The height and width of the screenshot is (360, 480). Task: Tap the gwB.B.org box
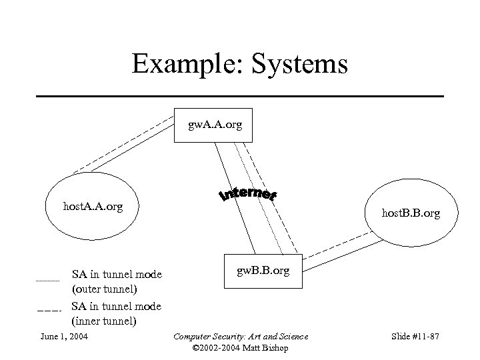(x=263, y=272)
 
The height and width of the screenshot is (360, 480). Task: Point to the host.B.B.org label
(x=410, y=213)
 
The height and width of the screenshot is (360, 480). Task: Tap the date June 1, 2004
(x=64, y=335)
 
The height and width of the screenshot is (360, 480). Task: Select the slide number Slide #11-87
(x=414, y=335)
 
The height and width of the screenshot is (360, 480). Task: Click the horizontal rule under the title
(x=239, y=97)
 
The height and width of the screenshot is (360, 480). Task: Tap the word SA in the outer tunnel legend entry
(x=79, y=274)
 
